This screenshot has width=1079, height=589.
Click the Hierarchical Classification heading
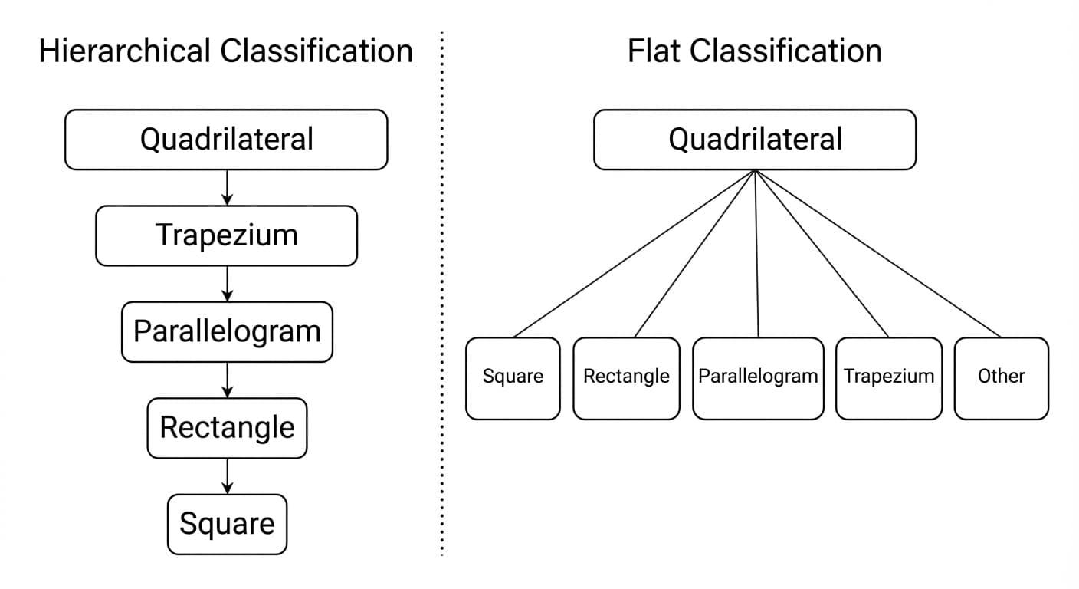click(225, 51)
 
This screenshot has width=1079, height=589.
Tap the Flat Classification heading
click(754, 51)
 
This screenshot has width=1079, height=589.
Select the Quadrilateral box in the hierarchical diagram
click(226, 140)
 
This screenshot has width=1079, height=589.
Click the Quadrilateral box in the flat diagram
click(755, 140)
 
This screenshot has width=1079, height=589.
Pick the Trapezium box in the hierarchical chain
click(226, 235)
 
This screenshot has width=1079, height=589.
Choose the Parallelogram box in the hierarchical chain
click(227, 331)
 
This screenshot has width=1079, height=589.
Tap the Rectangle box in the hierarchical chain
click(227, 428)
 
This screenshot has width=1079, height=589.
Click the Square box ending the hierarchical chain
click(227, 524)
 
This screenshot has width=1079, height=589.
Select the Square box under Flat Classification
click(513, 378)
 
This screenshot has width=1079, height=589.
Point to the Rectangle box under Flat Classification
click(626, 378)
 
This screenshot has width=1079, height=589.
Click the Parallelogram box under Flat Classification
click(758, 378)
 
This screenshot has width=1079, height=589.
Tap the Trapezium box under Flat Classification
click(889, 378)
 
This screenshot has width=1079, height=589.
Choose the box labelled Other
click(1001, 378)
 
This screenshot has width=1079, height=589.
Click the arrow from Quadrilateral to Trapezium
click(227, 187)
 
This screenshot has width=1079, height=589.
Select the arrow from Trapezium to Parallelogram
click(227, 284)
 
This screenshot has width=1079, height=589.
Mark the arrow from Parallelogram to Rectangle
click(227, 380)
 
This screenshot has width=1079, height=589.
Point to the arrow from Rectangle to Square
click(227, 476)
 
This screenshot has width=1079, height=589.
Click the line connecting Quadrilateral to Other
click(878, 253)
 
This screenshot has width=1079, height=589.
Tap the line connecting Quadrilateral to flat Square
click(635, 253)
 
